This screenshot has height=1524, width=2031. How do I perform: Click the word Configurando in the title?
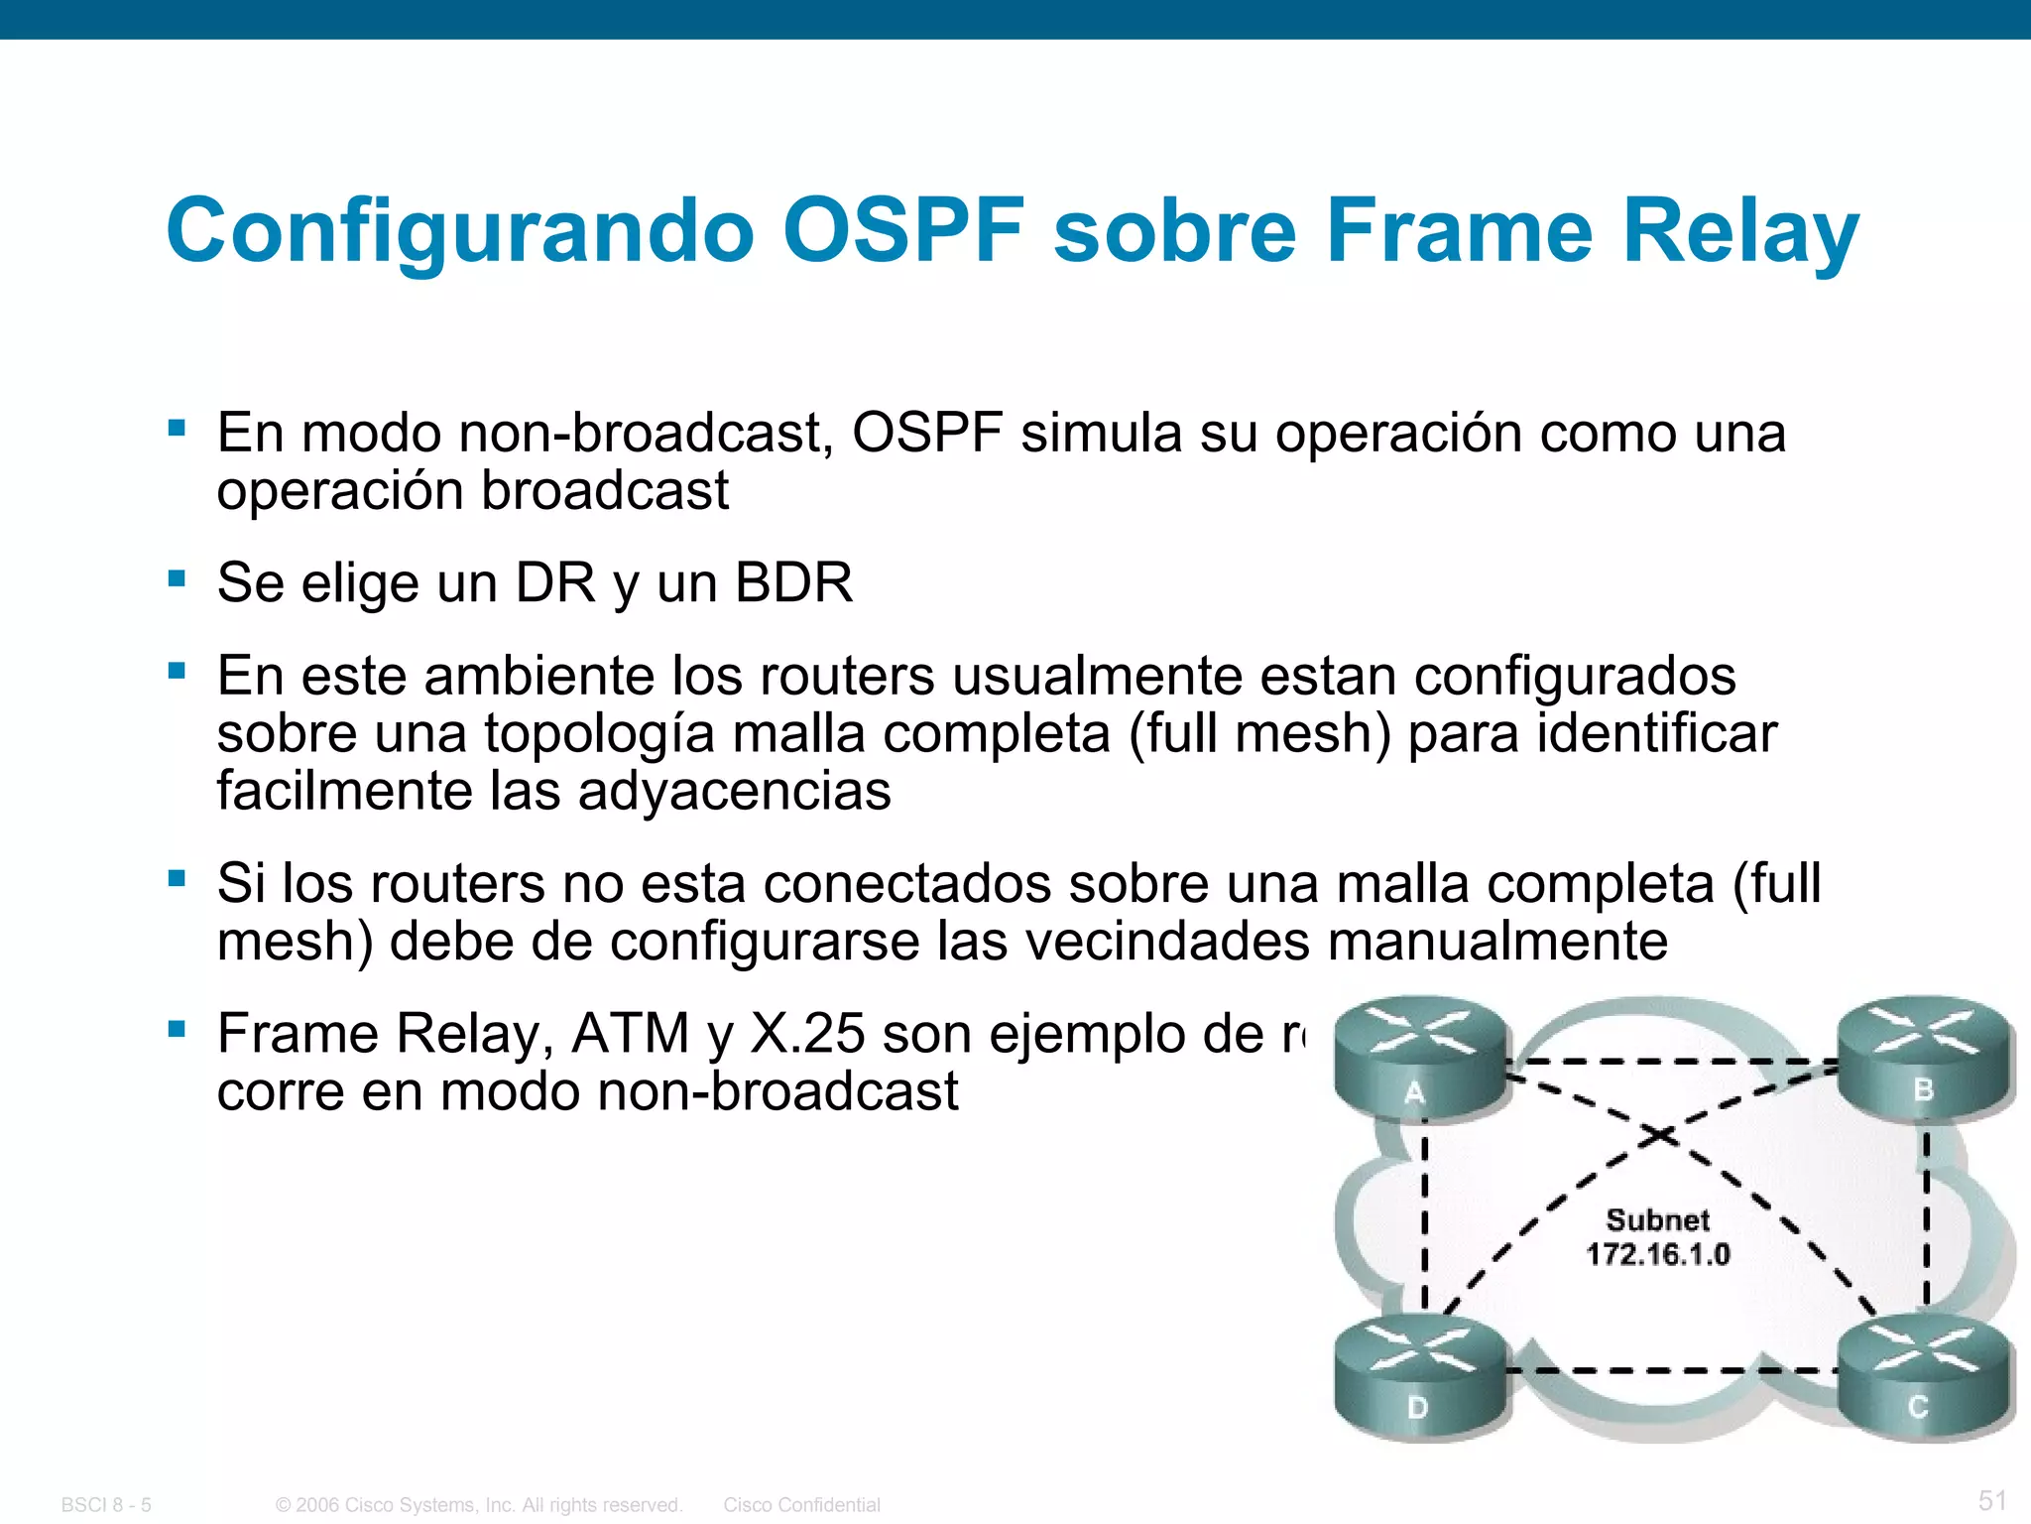(x=460, y=230)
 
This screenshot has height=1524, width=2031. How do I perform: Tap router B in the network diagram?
(x=1923, y=1058)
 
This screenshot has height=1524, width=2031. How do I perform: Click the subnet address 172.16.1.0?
(x=1657, y=1255)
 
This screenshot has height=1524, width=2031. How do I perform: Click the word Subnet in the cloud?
(x=1657, y=1219)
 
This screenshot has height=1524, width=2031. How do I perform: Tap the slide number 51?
(x=1992, y=1500)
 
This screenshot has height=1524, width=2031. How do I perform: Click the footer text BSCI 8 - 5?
(x=106, y=1505)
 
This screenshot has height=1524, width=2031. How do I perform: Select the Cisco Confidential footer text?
(x=801, y=1505)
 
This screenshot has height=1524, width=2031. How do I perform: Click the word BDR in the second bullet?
(x=793, y=582)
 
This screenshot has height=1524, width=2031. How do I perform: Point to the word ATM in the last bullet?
(x=631, y=1034)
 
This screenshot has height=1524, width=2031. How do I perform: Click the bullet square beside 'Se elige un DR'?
(x=178, y=578)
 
